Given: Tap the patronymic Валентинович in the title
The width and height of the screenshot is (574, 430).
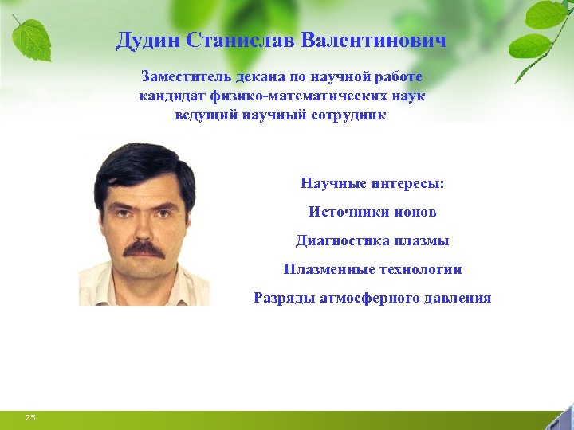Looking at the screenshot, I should click(x=380, y=41).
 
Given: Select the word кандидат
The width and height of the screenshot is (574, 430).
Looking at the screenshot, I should click(x=173, y=96).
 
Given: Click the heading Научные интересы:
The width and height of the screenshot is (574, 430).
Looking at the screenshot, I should click(x=372, y=183).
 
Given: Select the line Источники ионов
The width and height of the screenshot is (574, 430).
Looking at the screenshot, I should click(x=372, y=212).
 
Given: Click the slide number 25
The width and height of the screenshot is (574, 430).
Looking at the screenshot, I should click(x=30, y=417).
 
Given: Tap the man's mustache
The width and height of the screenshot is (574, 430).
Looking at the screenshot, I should click(x=144, y=249).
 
